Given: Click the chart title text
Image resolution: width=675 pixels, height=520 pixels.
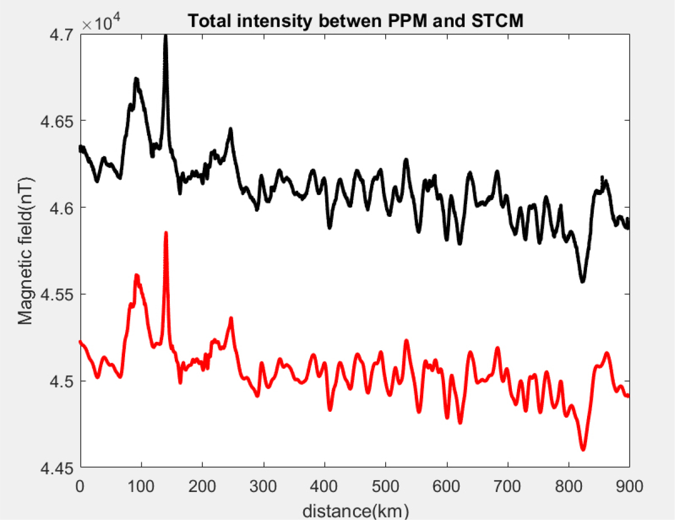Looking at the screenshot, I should point(355,21).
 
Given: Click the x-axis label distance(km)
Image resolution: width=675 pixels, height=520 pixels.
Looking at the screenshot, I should point(355,510).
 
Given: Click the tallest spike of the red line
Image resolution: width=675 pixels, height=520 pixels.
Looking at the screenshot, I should point(166,233).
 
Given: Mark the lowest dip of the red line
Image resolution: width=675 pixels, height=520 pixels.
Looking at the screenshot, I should point(583,449).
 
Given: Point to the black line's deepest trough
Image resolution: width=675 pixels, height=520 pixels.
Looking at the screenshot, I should point(582,281).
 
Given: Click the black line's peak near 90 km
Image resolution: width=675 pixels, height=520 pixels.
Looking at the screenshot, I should point(136,80).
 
